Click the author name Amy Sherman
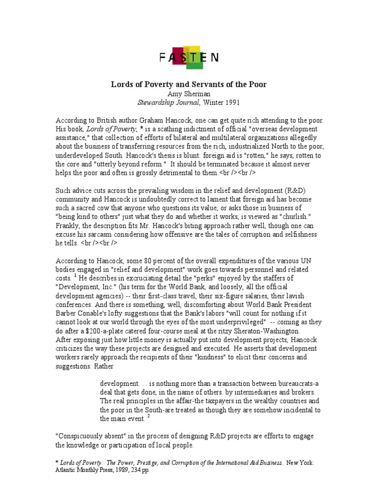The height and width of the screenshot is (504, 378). [189, 94]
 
